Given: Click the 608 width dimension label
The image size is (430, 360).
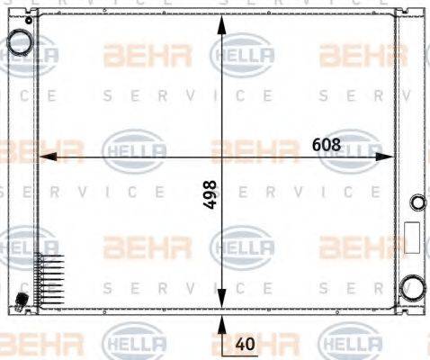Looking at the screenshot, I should point(326,144).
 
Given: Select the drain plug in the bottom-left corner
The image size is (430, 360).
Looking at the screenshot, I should point(20,299).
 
